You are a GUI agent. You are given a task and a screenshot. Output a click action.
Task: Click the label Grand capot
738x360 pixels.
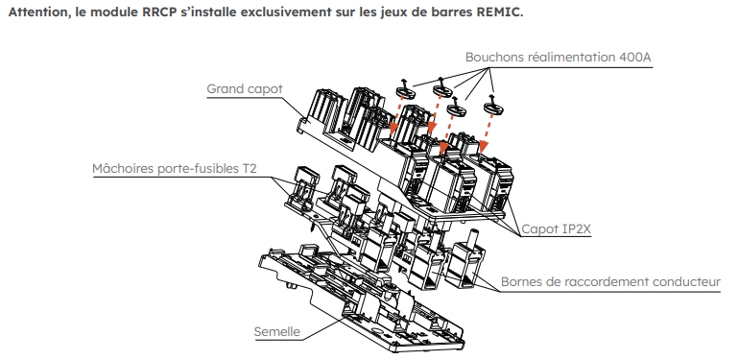pos(245,89)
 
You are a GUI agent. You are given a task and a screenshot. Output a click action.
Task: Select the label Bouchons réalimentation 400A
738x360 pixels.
pos(559,58)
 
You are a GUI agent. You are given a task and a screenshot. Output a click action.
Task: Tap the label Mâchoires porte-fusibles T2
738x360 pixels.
pos(174,168)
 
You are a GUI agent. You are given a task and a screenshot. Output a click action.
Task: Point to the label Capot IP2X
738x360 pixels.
pos(557,229)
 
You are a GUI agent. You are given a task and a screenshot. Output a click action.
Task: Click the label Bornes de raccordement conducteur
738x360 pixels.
pos(610,282)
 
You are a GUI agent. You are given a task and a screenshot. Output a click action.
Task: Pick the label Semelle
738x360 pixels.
pos(276,332)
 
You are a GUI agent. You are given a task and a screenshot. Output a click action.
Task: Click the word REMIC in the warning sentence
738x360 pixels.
pos(498,12)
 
